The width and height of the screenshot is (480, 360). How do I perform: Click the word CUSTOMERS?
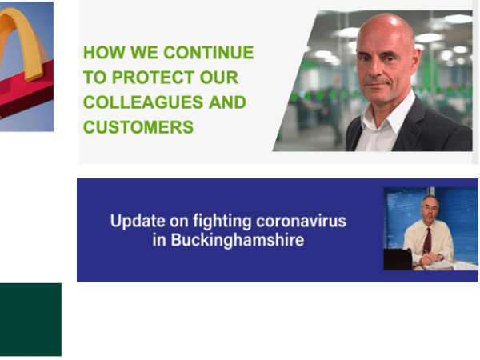[x=138, y=126]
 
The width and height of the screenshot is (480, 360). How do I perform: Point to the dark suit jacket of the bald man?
[x=440, y=132]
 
